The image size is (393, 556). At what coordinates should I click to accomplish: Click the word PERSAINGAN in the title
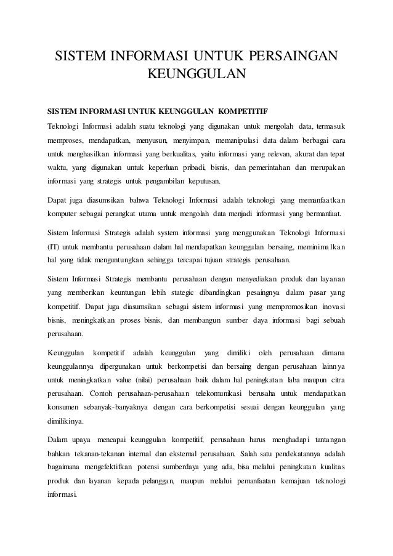tap(293, 57)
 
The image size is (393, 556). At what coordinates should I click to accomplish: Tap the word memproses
tap(67, 140)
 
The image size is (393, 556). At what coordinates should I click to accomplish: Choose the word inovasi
tap(331, 307)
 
